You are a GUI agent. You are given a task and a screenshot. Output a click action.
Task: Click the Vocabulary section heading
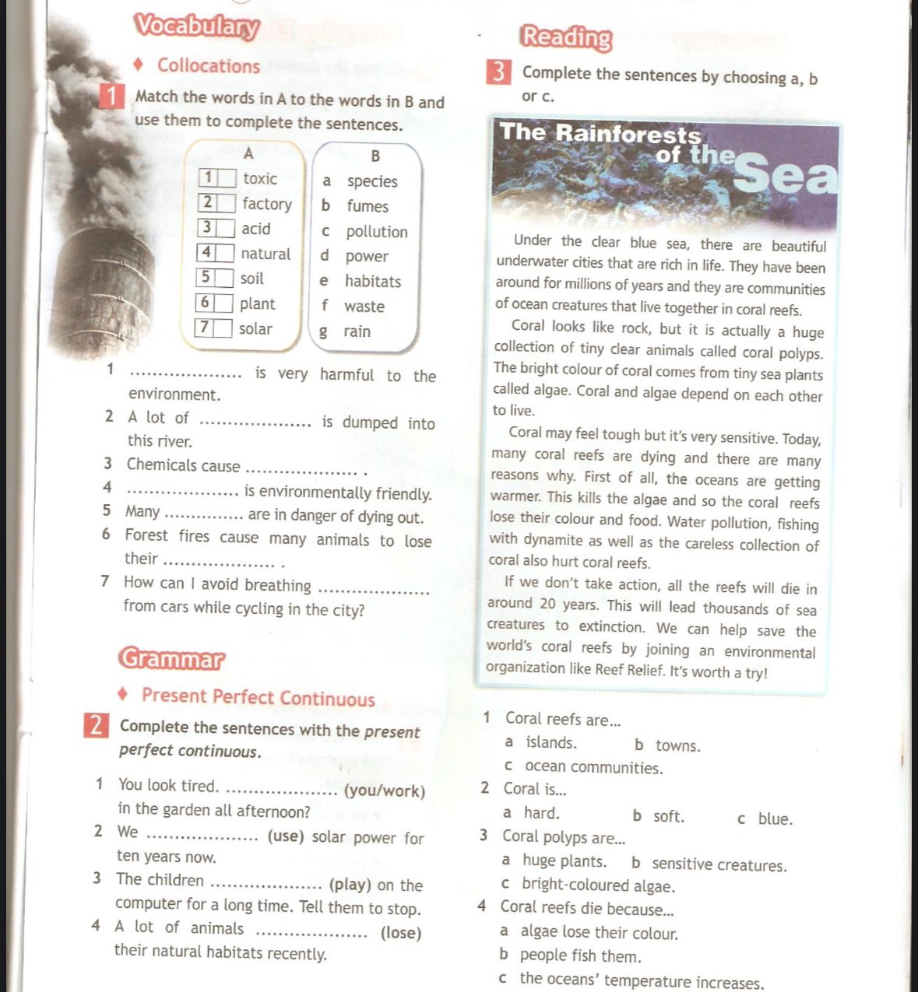[196, 26]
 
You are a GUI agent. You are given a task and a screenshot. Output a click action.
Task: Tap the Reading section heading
[567, 37]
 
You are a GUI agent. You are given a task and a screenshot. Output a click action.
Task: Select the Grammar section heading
[171, 659]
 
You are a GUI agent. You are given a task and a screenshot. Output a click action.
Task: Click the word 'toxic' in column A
[260, 178]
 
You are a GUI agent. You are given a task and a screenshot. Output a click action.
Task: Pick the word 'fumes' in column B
[368, 206]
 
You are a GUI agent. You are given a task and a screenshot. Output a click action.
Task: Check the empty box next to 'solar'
[223, 328]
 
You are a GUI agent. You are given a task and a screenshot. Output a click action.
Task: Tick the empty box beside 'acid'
[225, 228]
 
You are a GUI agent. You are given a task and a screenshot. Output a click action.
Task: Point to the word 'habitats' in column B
[373, 281]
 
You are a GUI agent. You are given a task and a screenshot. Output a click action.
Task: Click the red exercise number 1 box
[114, 97]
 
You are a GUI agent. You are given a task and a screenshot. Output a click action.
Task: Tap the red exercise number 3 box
[498, 72]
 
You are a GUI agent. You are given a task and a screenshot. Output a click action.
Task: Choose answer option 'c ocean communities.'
[584, 768]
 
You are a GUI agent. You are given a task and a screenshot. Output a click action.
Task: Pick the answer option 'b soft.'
[659, 816]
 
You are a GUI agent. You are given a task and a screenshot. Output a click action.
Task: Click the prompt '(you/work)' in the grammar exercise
[385, 791]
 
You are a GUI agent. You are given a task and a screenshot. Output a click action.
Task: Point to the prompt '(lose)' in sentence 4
[401, 932]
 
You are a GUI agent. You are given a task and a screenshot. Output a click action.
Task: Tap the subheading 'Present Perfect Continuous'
[259, 697]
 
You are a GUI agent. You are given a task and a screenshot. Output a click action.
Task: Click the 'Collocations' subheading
[209, 66]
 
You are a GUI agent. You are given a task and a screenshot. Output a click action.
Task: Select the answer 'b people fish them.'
[571, 955]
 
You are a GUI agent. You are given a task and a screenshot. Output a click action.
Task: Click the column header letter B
[375, 156]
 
